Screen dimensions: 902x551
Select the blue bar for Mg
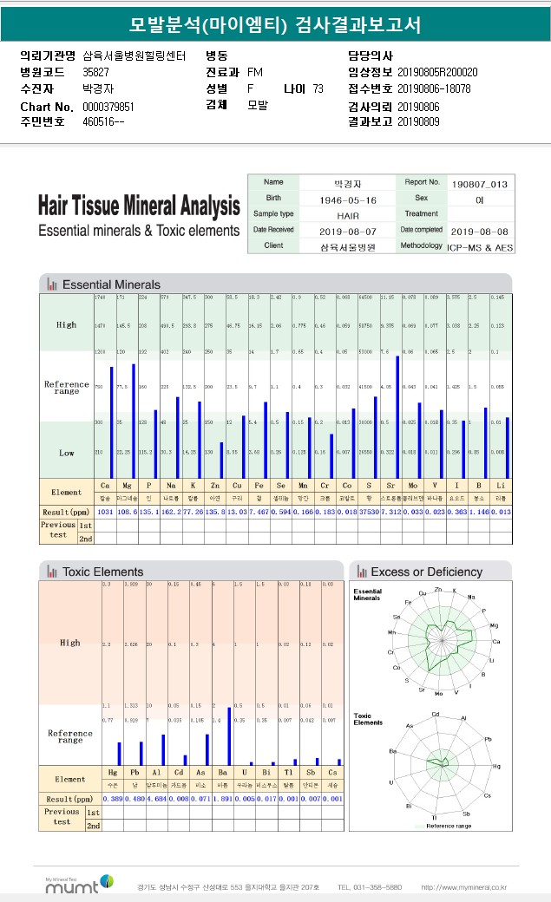click(x=134, y=421)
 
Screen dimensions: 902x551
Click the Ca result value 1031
click(x=104, y=513)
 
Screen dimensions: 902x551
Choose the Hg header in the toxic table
click(x=113, y=771)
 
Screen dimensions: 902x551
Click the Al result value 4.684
click(x=157, y=798)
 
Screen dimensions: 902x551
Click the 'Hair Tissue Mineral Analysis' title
click(x=139, y=206)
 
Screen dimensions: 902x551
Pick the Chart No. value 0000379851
click(x=108, y=107)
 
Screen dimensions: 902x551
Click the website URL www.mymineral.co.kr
click(x=463, y=887)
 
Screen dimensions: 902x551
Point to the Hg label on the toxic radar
click(x=495, y=767)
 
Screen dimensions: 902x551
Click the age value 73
click(x=318, y=88)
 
